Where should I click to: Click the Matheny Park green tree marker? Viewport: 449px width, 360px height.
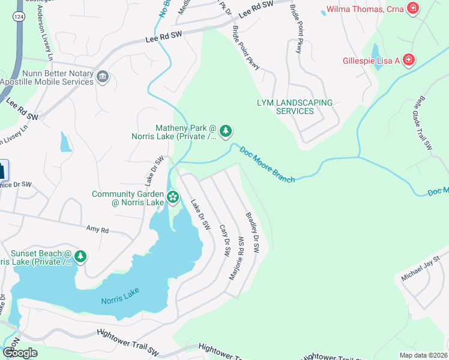coord(226,131)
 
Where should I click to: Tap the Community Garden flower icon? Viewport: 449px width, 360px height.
coord(173,197)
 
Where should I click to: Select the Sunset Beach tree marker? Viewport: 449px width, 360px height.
coord(80,257)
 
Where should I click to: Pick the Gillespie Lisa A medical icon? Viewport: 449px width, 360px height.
coord(408,60)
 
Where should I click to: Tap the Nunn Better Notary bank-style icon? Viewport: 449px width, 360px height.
coord(102,76)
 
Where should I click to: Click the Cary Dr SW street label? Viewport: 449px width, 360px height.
coord(224,242)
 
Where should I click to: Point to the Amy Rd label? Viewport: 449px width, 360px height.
coord(97,229)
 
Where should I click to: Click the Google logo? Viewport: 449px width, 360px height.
coord(19,353)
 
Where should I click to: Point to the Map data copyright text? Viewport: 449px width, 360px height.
coord(423,355)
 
